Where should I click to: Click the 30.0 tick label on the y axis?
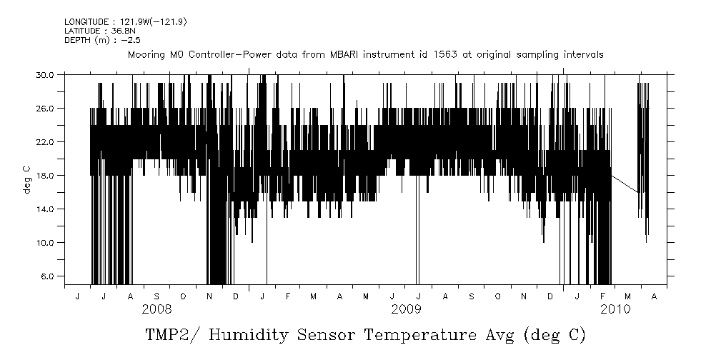[x=45, y=74]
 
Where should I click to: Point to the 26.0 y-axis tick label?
[x=45, y=108]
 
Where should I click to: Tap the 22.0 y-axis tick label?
[x=45, y=141]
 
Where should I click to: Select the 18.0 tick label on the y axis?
[x=45, y=175]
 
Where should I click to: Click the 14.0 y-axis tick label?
[x=45, y=209]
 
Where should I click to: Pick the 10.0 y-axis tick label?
[x=45, y=242]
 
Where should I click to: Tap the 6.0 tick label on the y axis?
[x=47, y=276]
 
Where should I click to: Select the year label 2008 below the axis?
[x=156, y=309]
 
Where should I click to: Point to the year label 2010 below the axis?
[x=615, y=309]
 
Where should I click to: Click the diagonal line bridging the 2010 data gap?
[x=625, y=184]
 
